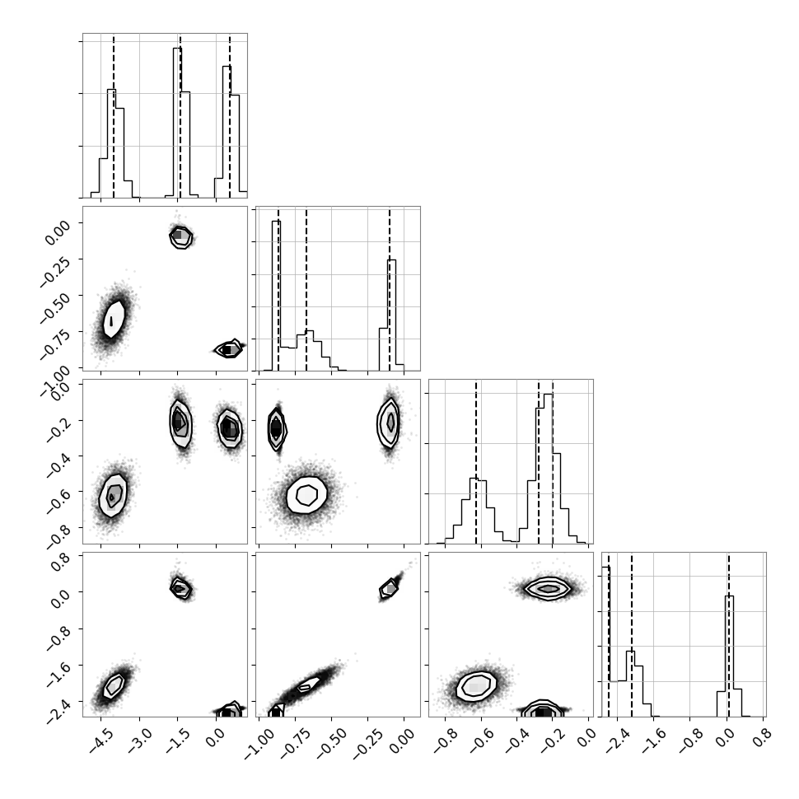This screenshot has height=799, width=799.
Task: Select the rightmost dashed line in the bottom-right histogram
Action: point(729,634)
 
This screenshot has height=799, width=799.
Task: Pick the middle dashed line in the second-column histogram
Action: point(306,288)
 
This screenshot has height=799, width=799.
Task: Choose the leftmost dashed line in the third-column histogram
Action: point(476,461)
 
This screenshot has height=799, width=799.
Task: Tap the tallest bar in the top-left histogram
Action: point(177,122)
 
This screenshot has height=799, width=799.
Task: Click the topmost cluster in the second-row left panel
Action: point(180,236)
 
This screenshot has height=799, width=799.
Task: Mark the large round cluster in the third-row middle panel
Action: point(306,495)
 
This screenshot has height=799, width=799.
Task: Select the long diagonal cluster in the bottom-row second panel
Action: point(306,686)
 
